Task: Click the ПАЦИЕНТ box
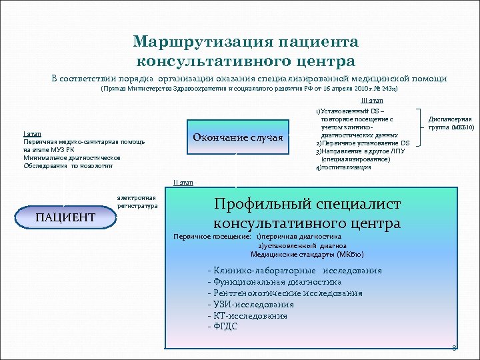[65, 217]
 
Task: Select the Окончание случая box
[237, 137]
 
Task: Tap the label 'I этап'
[32, 134]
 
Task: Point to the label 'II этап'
[183, 183]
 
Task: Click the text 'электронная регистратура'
[137, 203]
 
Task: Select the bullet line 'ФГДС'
[223, 327]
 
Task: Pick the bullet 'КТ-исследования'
[247, 315]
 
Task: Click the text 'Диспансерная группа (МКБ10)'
[451, 123]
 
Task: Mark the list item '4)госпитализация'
[343, 167]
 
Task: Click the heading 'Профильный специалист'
[307, 205]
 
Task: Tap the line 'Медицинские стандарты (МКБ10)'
[307, 254]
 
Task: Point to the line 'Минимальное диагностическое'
[71, 158]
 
